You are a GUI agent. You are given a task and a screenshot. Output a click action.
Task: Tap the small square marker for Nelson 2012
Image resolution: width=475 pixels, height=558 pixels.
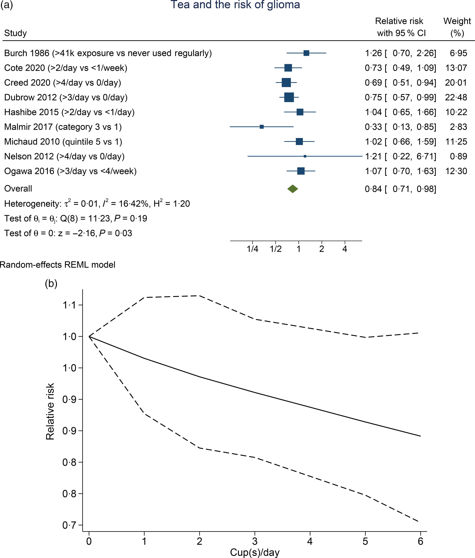pos(305,156)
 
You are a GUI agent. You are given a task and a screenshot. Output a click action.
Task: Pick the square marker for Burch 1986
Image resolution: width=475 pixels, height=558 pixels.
pos(306,53)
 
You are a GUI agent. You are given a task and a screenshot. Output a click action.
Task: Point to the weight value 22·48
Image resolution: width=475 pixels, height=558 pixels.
pos(456,97)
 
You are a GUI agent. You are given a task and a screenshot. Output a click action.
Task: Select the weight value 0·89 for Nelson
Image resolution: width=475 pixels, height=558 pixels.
pos(458,156)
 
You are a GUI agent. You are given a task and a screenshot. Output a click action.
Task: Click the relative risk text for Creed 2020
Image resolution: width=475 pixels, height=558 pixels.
pos(400,83)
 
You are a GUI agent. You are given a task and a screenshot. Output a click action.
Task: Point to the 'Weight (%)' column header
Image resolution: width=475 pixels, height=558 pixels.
pos(457,27)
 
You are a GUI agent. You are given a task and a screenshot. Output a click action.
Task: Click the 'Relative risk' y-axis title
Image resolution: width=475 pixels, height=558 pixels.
pos(50,411)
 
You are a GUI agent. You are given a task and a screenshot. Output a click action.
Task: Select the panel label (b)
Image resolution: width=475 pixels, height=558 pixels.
pos(51,283)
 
